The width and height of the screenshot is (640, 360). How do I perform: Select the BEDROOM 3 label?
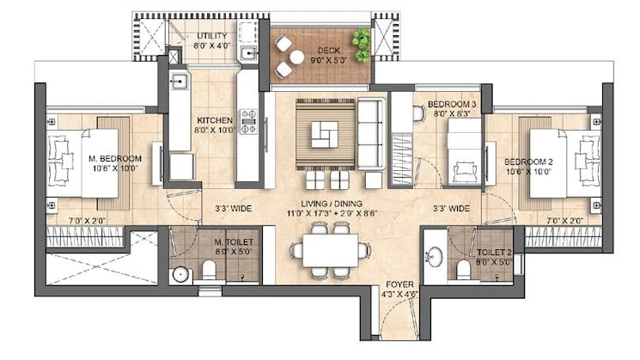pyautogui.click(x=453, y=104)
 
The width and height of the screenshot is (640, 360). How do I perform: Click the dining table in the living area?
pyautogui.click(x=330, y=250)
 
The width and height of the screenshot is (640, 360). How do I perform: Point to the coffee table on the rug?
pyautogui.click(x=326, y=133)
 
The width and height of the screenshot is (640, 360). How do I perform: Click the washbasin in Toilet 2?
pyautogui.click(x=435, y=255)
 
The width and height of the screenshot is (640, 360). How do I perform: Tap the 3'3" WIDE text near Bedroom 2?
pyautogui.click(x=450, y=208)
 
